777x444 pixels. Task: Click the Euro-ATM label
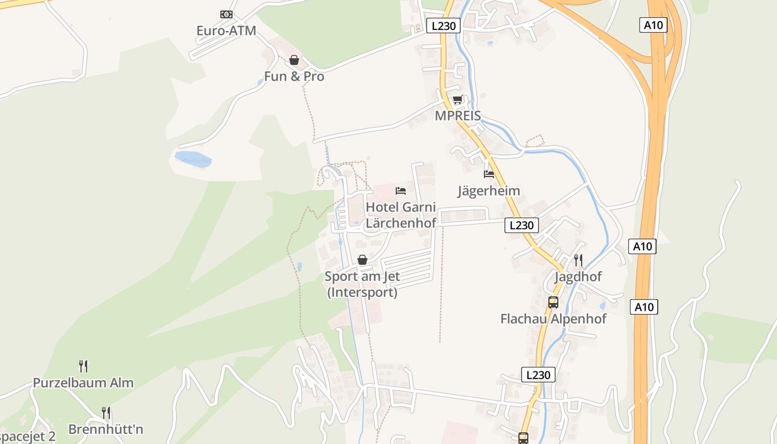226,31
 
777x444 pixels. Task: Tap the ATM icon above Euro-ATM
226,14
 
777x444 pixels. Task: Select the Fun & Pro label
294,76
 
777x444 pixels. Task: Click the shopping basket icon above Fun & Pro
294,60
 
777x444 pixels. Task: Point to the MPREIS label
458,116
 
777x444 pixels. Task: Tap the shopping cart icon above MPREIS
458,100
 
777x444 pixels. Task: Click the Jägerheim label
489,191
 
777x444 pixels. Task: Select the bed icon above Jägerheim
489,174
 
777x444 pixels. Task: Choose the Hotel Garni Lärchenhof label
401,215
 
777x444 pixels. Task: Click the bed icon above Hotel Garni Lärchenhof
401,191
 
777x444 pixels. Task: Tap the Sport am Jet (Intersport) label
362,284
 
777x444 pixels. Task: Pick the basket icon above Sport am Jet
362,260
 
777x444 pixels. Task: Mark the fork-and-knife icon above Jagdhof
578,260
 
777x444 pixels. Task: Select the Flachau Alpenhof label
553,319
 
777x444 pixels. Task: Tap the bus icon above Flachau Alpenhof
553,302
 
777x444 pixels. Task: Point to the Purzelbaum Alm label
83,382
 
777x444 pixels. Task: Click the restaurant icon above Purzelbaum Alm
83,366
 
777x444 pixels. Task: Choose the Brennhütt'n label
106,429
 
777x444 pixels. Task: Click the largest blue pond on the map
193,159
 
